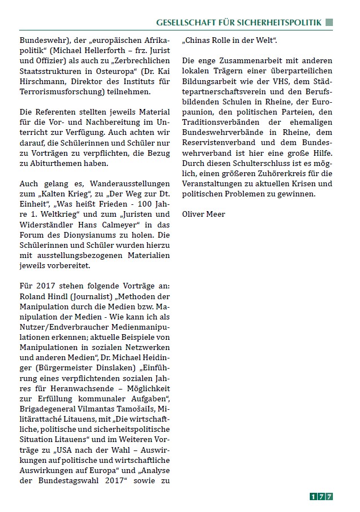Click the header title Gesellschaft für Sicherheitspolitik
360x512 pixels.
[239, 22]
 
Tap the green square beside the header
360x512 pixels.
[330, 22]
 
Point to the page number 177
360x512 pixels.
[321, 496]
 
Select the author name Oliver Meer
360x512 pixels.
[204, 215]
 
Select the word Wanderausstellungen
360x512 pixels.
[131, 183]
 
